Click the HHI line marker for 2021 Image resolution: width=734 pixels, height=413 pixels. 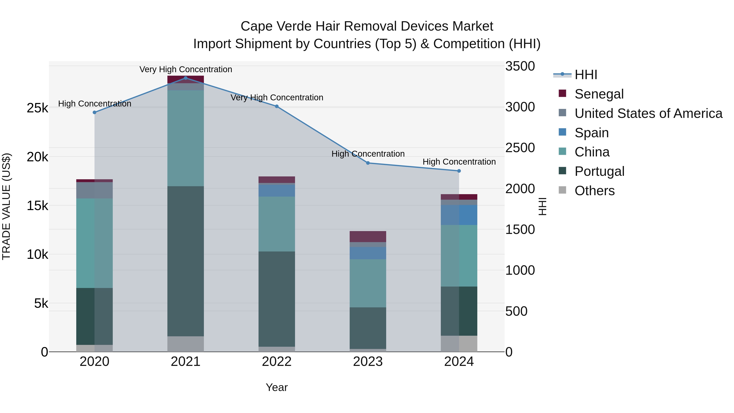(186, 78)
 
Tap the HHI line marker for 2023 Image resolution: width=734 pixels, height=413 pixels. (368, 163)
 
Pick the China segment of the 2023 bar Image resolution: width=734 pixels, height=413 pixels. (368, 283)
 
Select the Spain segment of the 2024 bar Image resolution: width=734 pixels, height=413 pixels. (459, 215)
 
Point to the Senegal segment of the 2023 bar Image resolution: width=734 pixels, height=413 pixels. (368, 236)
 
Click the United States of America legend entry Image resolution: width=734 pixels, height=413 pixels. (648, 113)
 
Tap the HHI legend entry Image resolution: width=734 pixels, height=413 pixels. (586, 75)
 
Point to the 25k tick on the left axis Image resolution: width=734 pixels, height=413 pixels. (38, 108)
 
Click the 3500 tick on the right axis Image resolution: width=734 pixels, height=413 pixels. (520, 66)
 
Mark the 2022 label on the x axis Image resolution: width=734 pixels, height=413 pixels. (276, 362)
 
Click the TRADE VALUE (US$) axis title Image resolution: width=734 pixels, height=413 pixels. (6, 206)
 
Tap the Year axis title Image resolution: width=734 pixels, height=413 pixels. (276, 387)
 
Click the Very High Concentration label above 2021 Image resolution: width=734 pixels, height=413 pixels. (186, 69)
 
